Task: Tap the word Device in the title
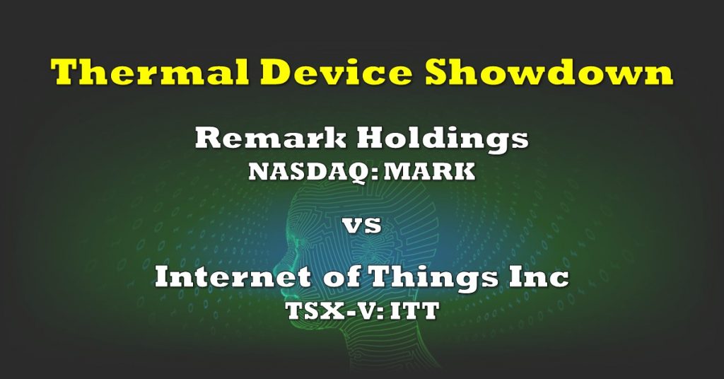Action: [x=337, y=73]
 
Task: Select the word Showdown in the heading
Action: [x=549, y=73]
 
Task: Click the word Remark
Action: [x=271, y=138]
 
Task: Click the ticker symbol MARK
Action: [x=428, y=171]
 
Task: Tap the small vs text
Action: [x=362, y=226]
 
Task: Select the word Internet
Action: [x=233, y=277]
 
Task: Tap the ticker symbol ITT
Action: [x=414, y=310]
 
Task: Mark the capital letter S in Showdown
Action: [x=438, y=72]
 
